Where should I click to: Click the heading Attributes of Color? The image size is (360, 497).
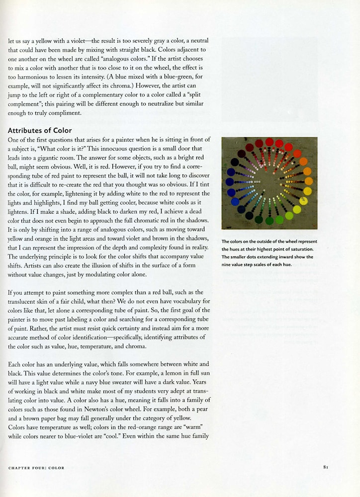[40, 131]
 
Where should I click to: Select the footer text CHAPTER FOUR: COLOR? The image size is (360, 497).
[36, 468]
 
